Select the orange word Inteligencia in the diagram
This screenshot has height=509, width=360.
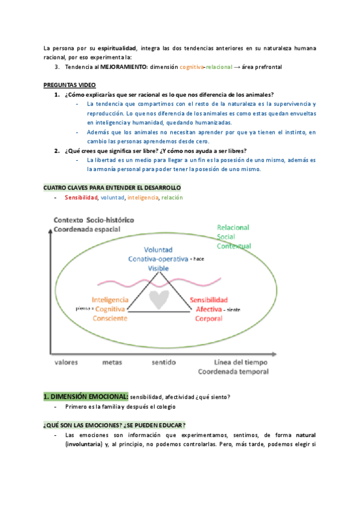tap(110, 300)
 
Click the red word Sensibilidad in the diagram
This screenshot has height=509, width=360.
tap(208, 300)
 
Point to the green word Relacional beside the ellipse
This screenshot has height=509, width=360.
tap(234, 228)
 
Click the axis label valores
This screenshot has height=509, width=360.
tap(67, 363)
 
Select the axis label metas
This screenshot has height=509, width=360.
tap(112, 363)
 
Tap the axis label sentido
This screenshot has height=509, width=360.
tap(163, 363)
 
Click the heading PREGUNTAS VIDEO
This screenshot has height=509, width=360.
tap(70, 85)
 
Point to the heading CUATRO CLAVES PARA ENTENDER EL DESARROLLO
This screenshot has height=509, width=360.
tap(112, 188)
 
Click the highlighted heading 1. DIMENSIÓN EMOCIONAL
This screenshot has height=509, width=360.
tap(86, 397)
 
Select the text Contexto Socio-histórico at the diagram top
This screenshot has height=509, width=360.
tap(94, 219)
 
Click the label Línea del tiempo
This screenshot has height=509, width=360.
tap(241, 363)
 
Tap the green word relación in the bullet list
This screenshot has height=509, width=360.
tap(172, 197)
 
